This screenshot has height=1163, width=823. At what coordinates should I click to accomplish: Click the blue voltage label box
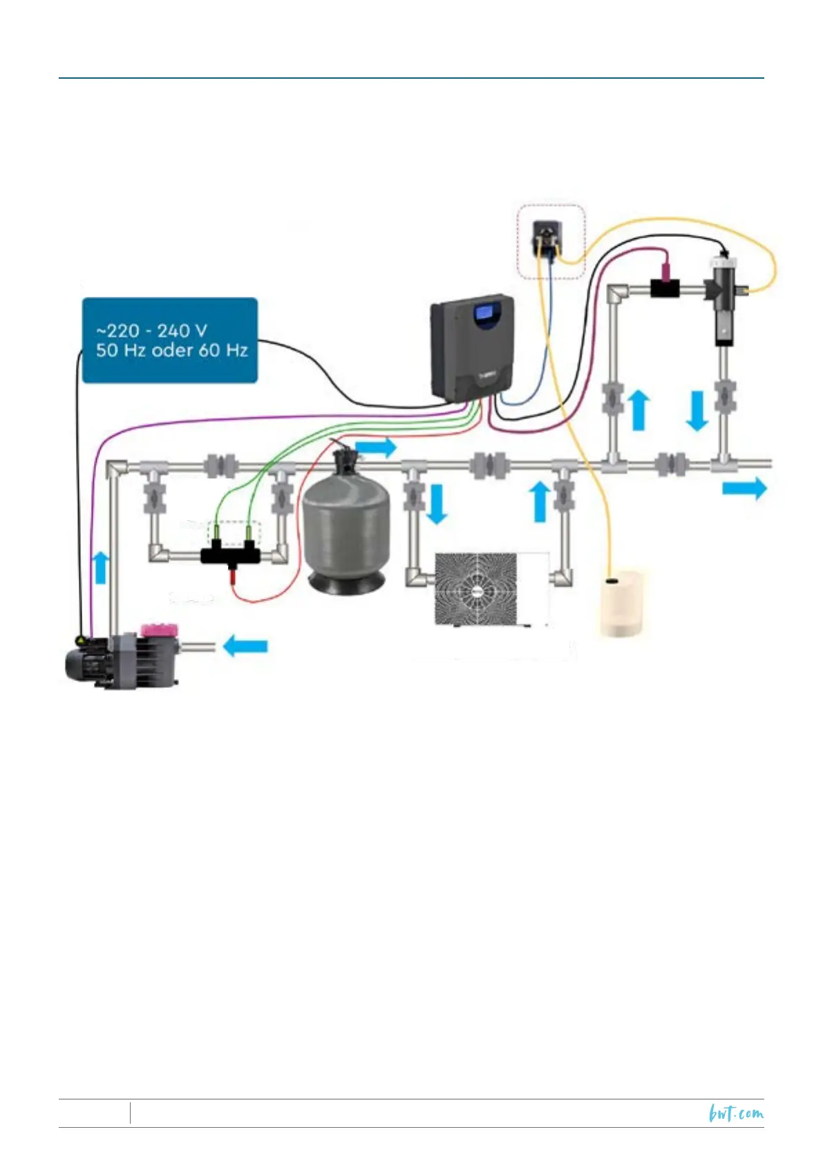point(169,340)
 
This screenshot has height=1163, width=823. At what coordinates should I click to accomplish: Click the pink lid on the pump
point(159,630)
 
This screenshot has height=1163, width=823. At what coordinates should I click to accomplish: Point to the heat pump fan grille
point(475,588)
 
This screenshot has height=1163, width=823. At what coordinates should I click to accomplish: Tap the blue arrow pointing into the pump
point(245,646)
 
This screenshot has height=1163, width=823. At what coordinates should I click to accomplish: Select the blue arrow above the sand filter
point(376,447)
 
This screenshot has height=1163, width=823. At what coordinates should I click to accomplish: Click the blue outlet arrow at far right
point(744,488)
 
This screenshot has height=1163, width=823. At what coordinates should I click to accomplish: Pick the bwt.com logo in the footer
point(736,1113)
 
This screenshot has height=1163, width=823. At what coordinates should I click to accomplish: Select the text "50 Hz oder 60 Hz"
point(171,350)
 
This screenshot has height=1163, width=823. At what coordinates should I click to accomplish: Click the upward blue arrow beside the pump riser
point(102,567)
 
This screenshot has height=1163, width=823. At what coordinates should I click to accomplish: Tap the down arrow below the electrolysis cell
point(697,410)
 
